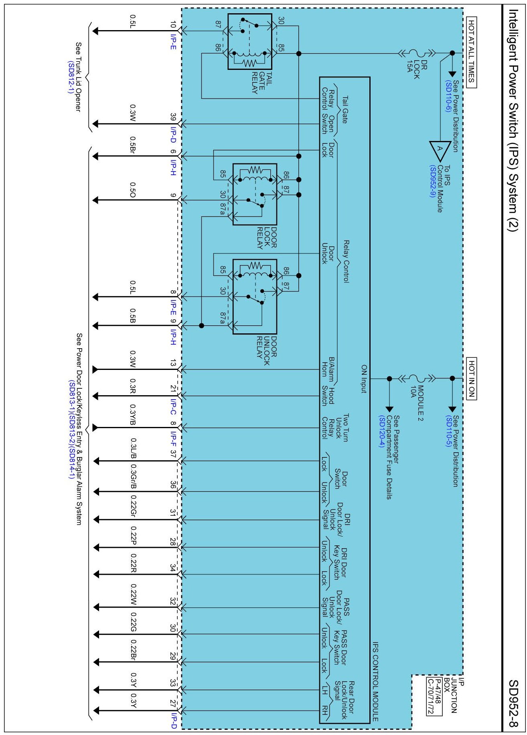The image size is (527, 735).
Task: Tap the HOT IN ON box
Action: click(x=472, y=378)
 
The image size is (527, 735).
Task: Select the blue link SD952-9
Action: click(x=433, y=181)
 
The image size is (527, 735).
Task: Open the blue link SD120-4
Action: click(x=382, y=432)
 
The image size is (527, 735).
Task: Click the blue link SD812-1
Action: click(x=71, y=77)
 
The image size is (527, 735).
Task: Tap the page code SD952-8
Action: click(x=513, y=703)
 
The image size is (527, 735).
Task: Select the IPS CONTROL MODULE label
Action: click(x=376, y=682)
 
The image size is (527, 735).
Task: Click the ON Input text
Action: click(x=364, y=379)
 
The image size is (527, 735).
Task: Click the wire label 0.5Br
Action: click(x=132, y=145)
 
